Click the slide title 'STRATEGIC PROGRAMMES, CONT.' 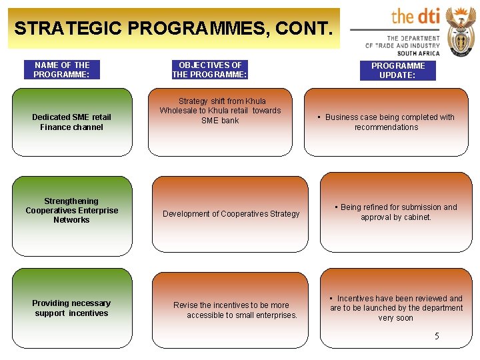click(x=172, y=29)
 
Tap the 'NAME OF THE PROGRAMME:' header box click(x=62, y=70)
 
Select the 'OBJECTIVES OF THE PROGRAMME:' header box click(x=210, y=70)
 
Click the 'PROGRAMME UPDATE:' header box click(x=398, y=71)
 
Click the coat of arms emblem click(x=460, y=31)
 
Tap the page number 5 click(x=437, y=337)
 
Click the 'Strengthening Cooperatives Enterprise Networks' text click(x=71, y=211)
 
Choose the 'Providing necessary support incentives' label click(x=71, y=308)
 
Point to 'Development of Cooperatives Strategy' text click(x=231, y=214)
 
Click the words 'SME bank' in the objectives click(x=220, y=121)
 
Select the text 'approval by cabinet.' click(x=396, y=217)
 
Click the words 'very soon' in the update click(x=396, y=318)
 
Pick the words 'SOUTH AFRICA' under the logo click(x=419, y=53)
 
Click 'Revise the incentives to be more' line click(x=231, y=305)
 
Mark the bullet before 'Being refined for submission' click(x=336, y=207)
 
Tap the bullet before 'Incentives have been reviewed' click(x=332, y=298)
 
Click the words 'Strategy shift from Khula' click(x=222, y=101)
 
